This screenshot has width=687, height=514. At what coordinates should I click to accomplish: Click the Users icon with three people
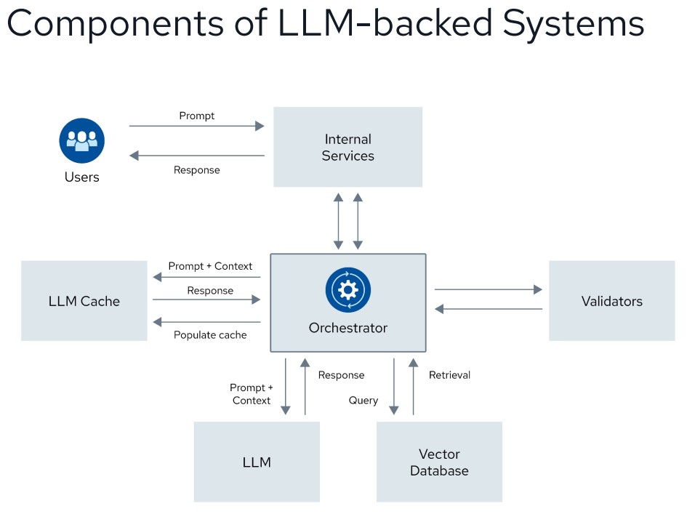click(82, 140)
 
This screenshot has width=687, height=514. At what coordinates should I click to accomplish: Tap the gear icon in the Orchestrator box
click(348, 289)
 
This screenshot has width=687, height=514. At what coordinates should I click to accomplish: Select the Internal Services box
click(347, 147)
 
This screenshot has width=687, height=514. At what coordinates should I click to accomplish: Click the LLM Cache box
click(84, 301)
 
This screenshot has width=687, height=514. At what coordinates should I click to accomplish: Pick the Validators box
click(611, 301)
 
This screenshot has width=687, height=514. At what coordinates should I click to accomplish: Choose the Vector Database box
click(439, 462)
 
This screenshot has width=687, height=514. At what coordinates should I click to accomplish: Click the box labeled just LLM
click(257, 462)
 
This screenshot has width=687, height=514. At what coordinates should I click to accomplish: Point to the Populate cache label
click(210, 335)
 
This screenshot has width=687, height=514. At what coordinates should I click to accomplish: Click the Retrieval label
click(449, 375)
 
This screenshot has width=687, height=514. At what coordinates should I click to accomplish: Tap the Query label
click(363, 400)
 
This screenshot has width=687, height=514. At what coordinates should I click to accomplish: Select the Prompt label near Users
click(197, 116)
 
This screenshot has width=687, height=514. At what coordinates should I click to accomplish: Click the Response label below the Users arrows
click(196, 170)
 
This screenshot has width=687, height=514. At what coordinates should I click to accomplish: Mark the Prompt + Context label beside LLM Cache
click(210, 266)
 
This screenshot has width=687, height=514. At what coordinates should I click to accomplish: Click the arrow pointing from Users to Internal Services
click(196, 127)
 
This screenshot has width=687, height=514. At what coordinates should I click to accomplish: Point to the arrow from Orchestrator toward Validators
click(488, 289)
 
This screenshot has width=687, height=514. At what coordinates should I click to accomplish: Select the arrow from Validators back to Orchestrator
click(488, 309)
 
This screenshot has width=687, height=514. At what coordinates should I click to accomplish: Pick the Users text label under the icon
click(82, 177)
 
